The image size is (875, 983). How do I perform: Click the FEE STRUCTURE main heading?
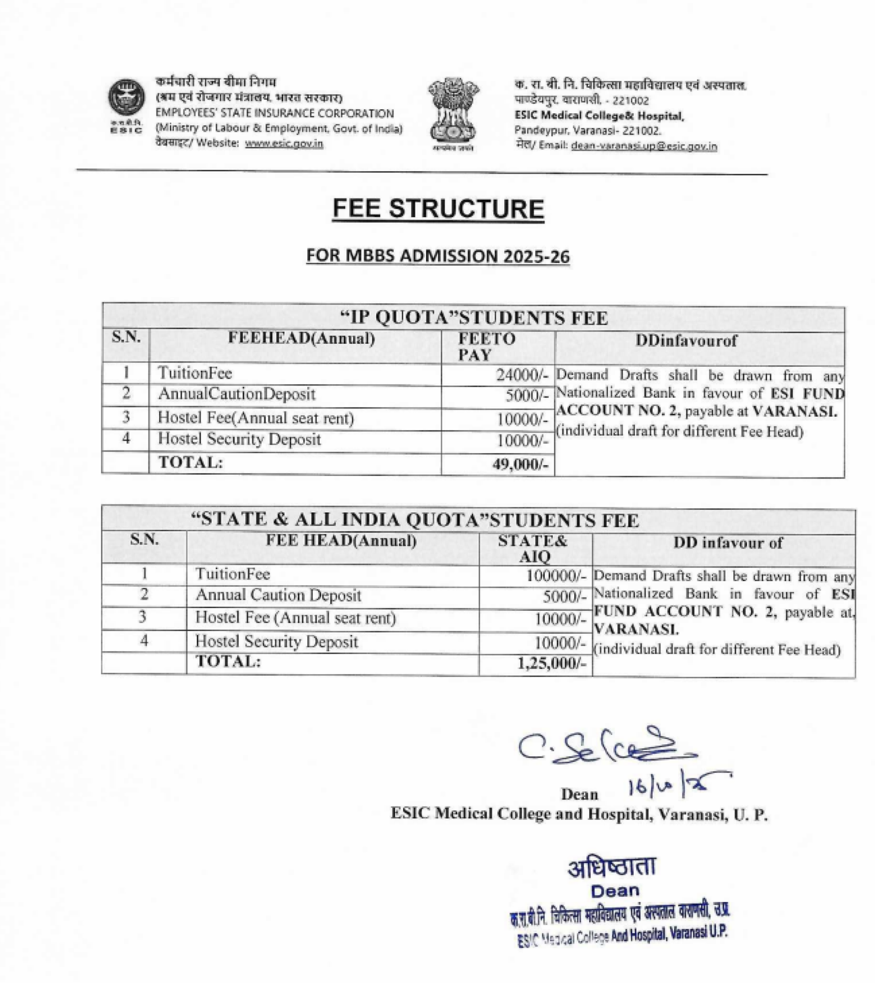[438, 209]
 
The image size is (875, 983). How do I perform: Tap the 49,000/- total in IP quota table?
[520, 465]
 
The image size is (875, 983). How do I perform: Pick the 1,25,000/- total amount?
[552, 664]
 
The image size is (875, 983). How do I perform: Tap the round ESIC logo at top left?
[126, 98]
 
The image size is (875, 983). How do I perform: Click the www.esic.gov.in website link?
[284, 143]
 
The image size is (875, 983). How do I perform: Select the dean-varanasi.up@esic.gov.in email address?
[644, 146]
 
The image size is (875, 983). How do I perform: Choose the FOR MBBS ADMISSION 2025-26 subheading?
[438, 256]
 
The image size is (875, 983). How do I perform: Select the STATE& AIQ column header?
[533, 548]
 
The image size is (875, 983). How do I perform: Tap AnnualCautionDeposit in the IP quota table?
[236, 394]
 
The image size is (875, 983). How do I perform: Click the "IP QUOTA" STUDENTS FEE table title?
[474, 318]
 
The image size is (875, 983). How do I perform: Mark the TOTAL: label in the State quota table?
[228, 662]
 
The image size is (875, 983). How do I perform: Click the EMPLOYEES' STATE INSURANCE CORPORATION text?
[274, 114]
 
